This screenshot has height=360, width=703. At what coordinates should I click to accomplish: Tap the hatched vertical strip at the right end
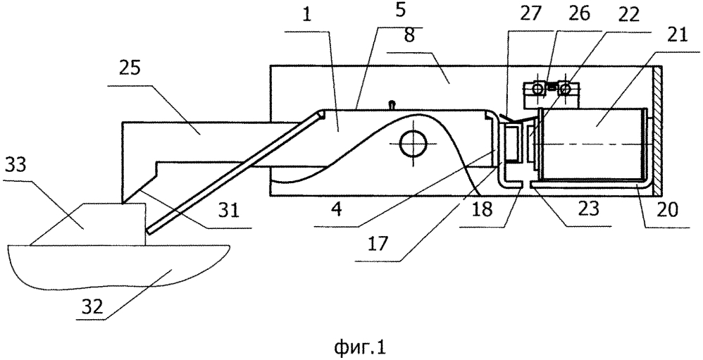click(658, 131)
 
